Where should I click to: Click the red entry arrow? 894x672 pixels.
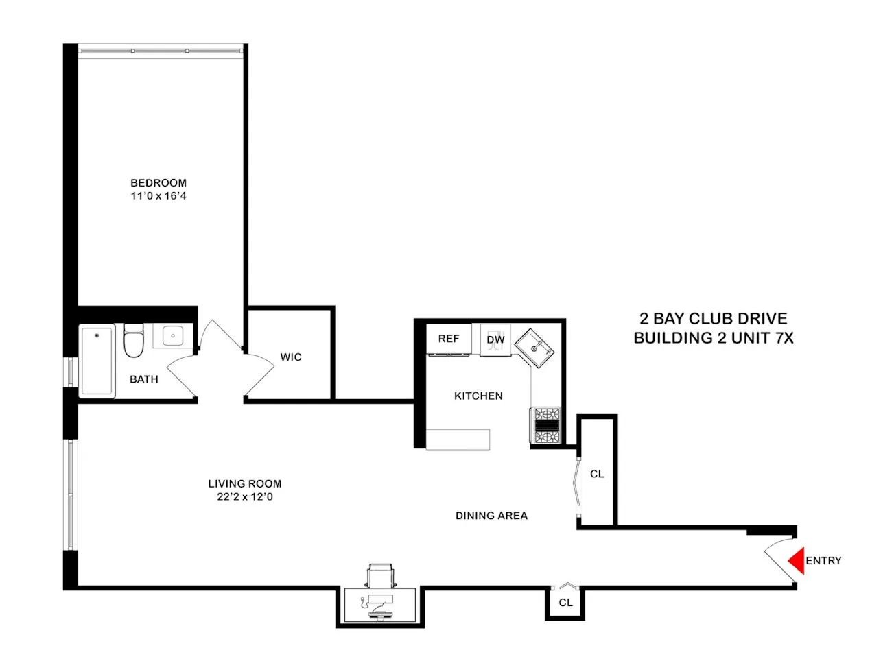point(796,560)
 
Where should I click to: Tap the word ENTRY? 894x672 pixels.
point(823,560)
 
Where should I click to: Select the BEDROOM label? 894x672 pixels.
point(158,182)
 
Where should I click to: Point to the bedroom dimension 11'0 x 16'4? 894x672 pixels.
point(158,195)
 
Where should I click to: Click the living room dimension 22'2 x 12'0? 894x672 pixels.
point(245,496)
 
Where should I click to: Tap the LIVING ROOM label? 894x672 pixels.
point(245,483)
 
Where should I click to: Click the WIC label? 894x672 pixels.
point(291,357)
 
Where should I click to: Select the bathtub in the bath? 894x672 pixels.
point(97,361)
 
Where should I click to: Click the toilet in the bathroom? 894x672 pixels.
point(134,341)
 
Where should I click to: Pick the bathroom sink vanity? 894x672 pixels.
point(172,336)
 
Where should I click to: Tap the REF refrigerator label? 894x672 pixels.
point(449,339)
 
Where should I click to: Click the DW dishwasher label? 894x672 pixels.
point(495,339)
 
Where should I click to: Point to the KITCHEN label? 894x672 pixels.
point(478,396)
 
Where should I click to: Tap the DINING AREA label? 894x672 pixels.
point(491,516)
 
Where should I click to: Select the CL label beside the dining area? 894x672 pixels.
point(597,474)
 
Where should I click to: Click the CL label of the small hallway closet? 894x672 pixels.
point(565,602)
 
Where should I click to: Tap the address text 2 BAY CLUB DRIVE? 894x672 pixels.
point(714,318)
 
